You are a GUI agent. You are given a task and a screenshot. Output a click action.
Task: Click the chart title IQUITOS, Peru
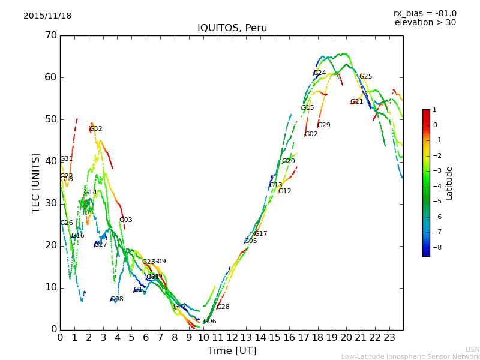(232, 28)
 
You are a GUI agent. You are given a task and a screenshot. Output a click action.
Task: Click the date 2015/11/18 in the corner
(47, 16)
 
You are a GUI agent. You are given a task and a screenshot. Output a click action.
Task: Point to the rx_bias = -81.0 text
(425, 13)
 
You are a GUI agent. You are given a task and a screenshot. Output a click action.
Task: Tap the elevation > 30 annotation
(425, 23)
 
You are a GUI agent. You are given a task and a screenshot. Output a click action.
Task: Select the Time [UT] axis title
(232, 351)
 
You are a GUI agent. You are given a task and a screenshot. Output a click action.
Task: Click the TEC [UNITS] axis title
(36, 182)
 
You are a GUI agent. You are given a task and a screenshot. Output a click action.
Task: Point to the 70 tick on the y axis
(50, 35)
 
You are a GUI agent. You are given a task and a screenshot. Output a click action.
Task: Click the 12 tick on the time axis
(232, 337)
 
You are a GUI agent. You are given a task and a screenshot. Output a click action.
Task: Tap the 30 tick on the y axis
(50, 203)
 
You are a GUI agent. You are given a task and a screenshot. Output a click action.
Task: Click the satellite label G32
(96, 129)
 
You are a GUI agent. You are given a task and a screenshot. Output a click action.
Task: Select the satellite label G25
(365, 77)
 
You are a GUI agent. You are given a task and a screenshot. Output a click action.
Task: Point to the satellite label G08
(117, 299)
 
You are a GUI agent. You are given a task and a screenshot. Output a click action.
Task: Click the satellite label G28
(223, 307)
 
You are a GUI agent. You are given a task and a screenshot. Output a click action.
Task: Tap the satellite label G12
(285, 191)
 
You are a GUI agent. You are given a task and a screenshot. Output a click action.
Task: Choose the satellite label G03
(126, 220)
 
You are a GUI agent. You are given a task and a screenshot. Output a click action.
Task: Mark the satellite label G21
(357, 102)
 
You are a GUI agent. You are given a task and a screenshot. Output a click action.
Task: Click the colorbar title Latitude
(449, 183)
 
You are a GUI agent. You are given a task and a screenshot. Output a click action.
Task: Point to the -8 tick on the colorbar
(434, 247)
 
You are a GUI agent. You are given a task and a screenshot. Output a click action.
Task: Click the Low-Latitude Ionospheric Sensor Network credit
(410, 357)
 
